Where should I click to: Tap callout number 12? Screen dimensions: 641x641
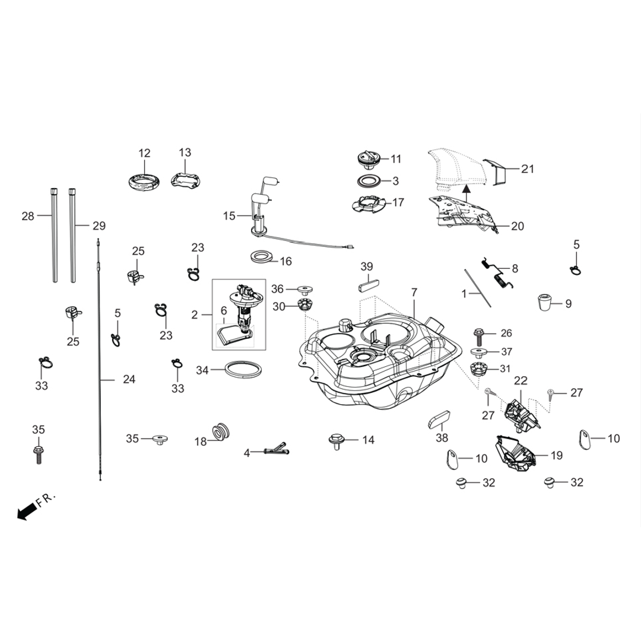(x=145, y=153)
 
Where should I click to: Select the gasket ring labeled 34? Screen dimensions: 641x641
(x=243, y=370)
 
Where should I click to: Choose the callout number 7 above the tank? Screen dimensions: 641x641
(x=414, y=293)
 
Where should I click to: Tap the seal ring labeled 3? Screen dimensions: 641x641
(x=369, y=180)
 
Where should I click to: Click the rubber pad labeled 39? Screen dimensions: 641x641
(x=366, y=285)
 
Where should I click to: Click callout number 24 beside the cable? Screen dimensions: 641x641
(x=129, y=379)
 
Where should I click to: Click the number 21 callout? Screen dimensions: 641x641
(x=527, y=169)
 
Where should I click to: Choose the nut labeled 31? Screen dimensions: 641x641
(x=478, y=369)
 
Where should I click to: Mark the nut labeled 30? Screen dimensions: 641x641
(x=303, y=306)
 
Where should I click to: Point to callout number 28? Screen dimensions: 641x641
(x=28, y=217)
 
